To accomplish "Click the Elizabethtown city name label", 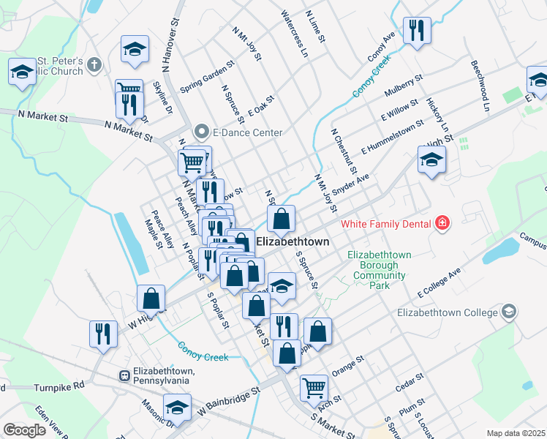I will [x=293, y=241].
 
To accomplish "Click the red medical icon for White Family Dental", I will [x=442, y=222].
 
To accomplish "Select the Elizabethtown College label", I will [x=447, y=312].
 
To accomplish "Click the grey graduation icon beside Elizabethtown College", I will [x=510, y=312].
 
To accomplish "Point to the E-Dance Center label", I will [x=247, y=132].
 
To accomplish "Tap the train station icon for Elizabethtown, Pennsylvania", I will [x=125, y=376].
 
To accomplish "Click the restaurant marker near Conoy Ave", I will [x=417, y=31].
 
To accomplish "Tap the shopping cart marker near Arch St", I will [x=314, y=387].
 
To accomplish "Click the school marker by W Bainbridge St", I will [x=177, y=407].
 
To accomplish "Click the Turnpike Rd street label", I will [x=59, y=384].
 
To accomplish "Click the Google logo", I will [x=24, y=430].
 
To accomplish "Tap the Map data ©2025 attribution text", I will [x=516, y=433].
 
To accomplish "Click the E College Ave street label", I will [x=440, y=282].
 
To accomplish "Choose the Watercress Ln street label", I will [x=294, y=34].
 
